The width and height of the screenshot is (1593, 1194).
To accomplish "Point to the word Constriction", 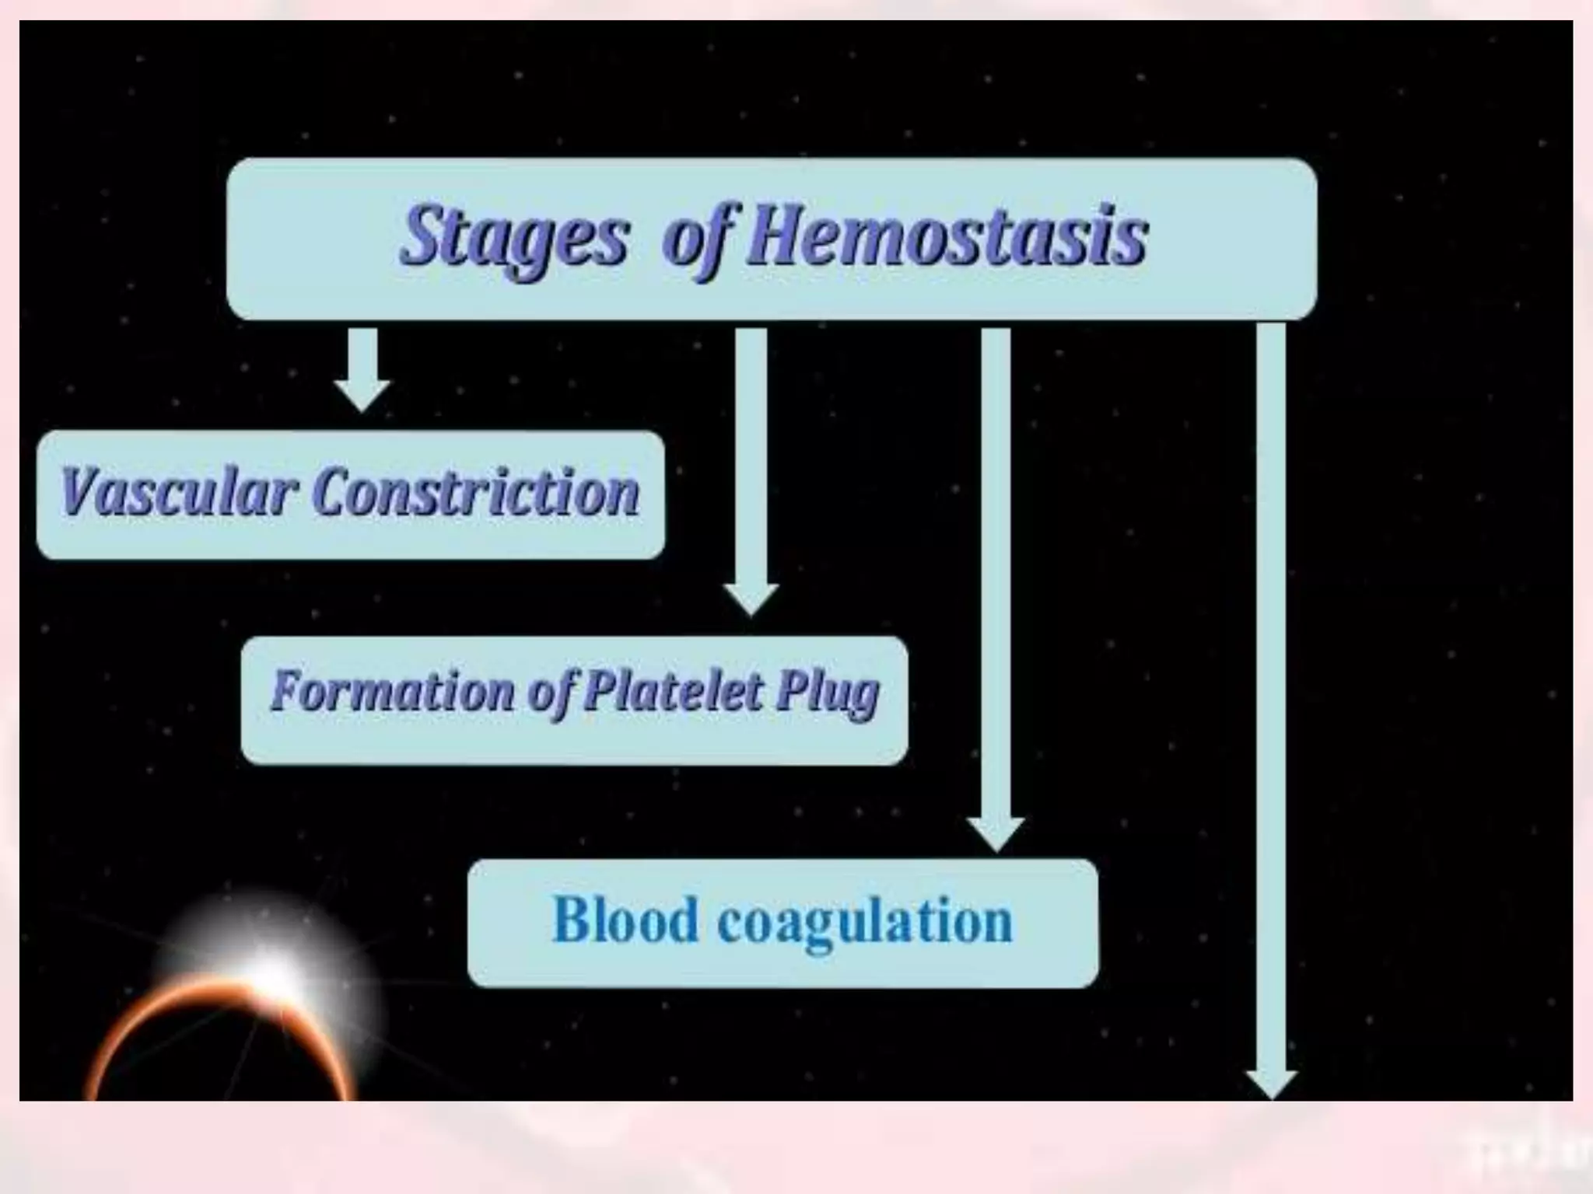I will [476, 493].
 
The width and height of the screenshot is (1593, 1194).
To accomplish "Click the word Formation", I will [392, 691].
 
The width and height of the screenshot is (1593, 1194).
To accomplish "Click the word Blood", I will [625, 920].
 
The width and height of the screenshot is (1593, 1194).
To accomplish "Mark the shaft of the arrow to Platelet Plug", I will [751, 451].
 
